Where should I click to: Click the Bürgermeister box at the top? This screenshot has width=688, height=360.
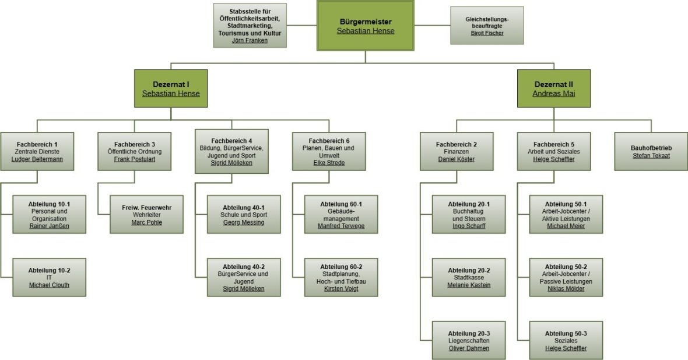click(366, 26)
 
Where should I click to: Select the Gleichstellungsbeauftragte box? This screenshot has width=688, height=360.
click(487, 26)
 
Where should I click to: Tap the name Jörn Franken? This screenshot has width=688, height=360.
click(250, 41)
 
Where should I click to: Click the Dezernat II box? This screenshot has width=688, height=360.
click(553, 88)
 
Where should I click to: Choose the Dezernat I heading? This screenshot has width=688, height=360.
click(171, 84)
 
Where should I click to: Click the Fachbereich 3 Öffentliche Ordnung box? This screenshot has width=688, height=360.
click(134, 151)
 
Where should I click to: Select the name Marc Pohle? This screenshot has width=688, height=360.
click(146, 222)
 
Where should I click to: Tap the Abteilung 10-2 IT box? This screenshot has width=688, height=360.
click(49, 277)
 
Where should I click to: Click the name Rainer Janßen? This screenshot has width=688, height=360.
click(49, 226)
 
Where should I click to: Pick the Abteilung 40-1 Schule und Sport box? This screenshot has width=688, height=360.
click(244, 214)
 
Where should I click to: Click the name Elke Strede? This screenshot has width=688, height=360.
click(329, 163)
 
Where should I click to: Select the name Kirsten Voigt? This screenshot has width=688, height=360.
click(341, 289)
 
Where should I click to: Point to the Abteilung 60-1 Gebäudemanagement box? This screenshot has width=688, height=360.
click(341, 214)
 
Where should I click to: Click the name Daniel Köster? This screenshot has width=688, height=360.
click(457, 159)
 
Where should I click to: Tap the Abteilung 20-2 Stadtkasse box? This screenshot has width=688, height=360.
click(469, 277)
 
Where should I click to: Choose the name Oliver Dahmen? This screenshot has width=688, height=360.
click(469, 348)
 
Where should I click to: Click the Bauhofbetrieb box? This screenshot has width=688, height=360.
click(651, 151)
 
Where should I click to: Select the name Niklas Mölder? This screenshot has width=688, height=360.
click(566, 289)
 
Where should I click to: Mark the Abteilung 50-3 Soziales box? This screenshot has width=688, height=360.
click(566, 340)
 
